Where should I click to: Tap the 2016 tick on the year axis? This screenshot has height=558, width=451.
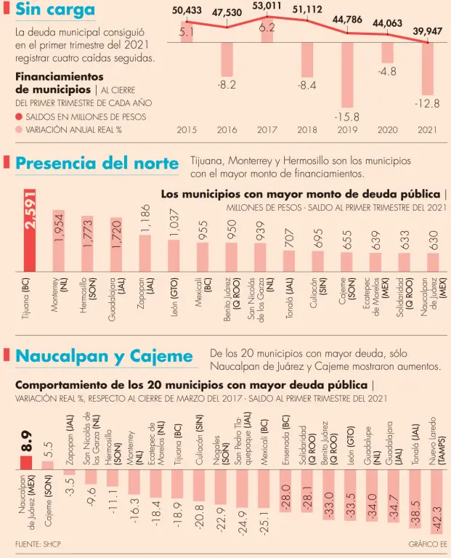point(227,130)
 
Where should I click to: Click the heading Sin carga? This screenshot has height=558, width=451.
point(55,10)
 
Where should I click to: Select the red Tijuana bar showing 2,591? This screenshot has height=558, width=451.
point(29,230)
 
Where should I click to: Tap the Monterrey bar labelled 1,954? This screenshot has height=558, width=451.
point(58,240)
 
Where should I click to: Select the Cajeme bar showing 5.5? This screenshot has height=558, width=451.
point(48,465)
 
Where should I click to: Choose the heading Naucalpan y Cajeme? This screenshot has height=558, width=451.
point(105,356)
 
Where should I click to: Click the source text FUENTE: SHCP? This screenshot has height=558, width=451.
point(38,543)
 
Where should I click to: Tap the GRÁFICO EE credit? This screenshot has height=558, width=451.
point(428,543)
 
